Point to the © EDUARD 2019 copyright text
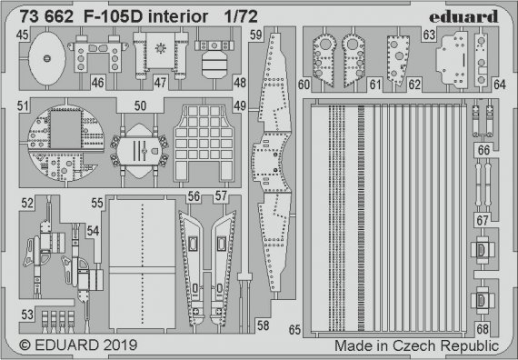click(70, 346)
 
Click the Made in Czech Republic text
click(415, 346)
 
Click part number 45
click(21, 35)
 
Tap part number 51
click(21, 106)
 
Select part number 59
click(257, 35)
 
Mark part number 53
click(28, 315)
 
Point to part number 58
click(261, 325)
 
